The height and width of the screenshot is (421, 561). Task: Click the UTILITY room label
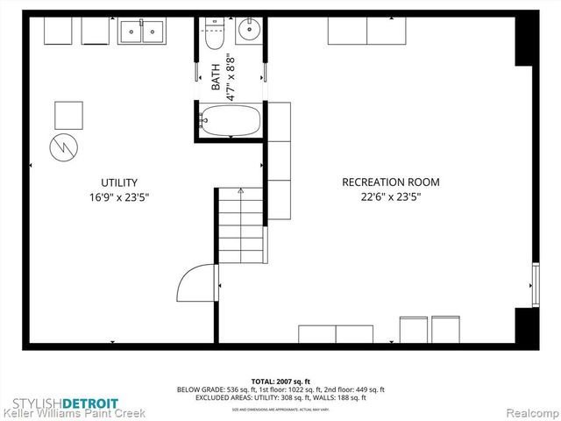pyautogui.click(x=119, y=182)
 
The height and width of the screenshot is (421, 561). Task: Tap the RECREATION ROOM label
pyautogui.click(x=390, y=182)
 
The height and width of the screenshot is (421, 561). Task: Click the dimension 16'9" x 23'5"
pyautogui.click(x=119, y=197)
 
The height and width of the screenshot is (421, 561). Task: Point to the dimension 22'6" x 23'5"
pyautogui.click(x=390, y=197)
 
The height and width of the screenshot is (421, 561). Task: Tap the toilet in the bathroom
pyautogui.click(x=215, y=36)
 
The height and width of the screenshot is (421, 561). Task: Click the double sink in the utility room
pyautogui.click(x=142, y=32)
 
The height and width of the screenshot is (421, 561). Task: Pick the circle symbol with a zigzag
pyautogui.click(x=63, y=146)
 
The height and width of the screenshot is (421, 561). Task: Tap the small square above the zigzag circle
pyautogui.click(x=68, y=114)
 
